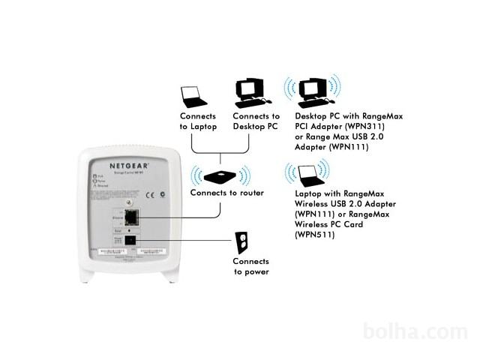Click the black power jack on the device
coord(130,241)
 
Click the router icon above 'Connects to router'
coord(222,177)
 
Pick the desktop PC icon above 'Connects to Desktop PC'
coord(251,91)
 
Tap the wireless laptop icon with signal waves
coord(310,175)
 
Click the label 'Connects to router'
coord(226,193)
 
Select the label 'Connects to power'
coord(250,266)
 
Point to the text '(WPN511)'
coord(314,235)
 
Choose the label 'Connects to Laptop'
coord(198,121)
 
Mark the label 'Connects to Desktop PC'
coord(256,121)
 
